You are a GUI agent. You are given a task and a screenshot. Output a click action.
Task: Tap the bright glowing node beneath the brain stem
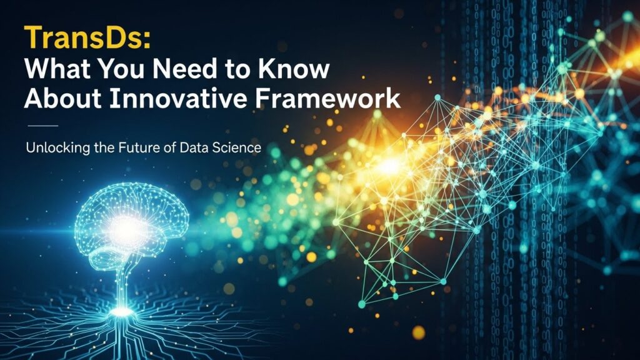point(122,311)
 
